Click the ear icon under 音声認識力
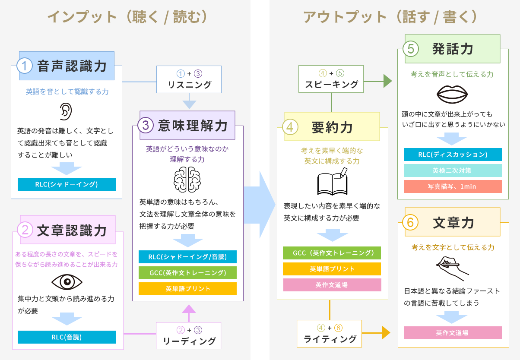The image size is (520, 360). (x=66, y=111)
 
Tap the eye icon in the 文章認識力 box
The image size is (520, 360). (x=67, y=282)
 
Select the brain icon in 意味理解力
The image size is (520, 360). (x=187, y=180)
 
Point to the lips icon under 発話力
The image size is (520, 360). (x=452, y=95)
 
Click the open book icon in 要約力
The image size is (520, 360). (x=333, y=181)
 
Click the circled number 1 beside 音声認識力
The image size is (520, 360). (x=24, y=66)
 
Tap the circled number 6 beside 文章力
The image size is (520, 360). (x=410, y=222)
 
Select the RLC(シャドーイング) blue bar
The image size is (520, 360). (x=67, y=184)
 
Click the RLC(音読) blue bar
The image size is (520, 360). (x=67, y=337)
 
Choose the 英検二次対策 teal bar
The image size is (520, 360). (x=453, y=171)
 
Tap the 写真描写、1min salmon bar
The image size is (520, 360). (x=453, y=186)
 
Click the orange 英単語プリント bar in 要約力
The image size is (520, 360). (x=332, y=269)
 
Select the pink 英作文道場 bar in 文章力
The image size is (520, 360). (x=453, y=333)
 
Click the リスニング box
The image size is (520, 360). (x=189, y=79)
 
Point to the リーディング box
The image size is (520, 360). (x=188, y=335)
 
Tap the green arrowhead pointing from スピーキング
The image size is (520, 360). (x=388, y=81)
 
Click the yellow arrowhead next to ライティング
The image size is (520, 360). (x=386, y=333)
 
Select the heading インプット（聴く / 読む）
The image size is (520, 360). (x=128, y=17)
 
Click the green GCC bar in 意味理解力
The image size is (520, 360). (x=187, y=273)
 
